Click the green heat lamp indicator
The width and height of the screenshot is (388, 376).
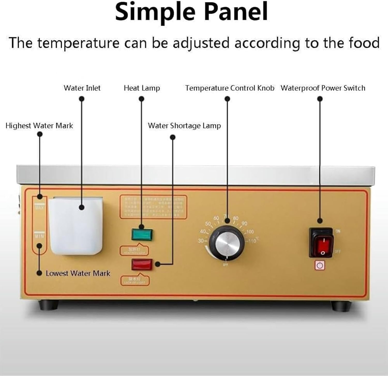(142, 234)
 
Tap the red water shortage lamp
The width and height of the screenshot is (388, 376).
(142, 265)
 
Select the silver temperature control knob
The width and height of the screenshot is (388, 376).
(227, 243)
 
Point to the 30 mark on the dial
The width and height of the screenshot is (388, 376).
(201, 241)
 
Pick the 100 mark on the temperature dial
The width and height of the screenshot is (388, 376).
(250, 232)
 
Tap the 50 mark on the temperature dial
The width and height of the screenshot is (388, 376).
(208, 224)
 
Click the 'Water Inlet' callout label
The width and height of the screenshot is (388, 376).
(82, 88)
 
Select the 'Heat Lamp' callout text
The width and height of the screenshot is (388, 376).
(142, 88)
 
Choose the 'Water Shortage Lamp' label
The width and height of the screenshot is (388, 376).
(184, 126)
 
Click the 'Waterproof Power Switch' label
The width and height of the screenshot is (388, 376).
(323, 88)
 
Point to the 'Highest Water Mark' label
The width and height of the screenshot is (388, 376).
(39, 126)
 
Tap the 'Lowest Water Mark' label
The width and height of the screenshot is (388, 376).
(78, 273)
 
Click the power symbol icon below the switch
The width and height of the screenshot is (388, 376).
(320, 265)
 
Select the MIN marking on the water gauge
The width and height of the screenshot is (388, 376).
(39, 236)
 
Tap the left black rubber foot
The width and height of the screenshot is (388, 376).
(48, 305)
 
